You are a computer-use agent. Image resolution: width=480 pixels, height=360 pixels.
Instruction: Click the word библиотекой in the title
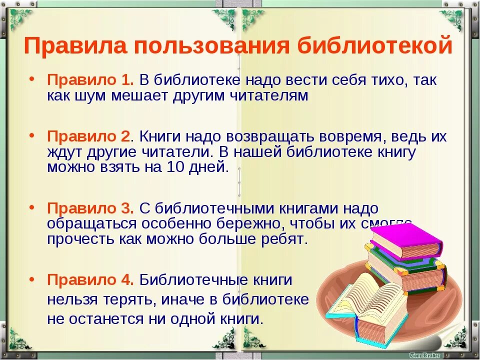click(375, 46)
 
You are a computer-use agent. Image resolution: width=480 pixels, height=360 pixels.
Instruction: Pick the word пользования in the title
click(211, 46)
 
